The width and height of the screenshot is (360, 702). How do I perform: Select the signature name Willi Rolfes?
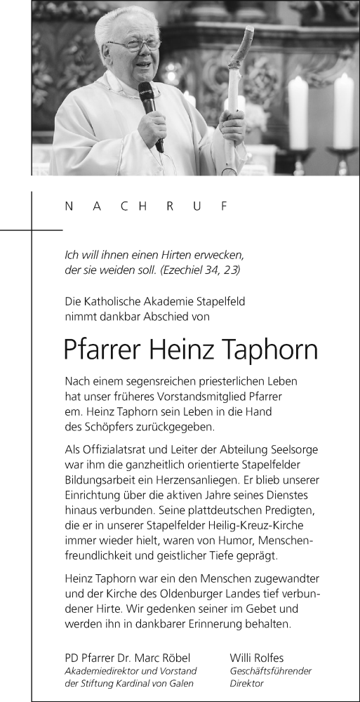[x=258, y=658]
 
